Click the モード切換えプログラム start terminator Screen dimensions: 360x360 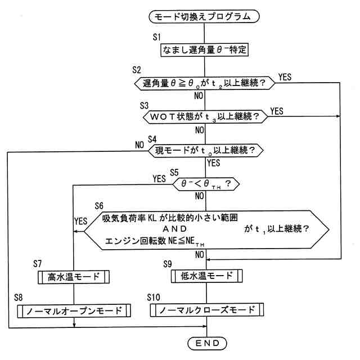[205, 17]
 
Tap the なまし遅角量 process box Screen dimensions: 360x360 [205, 49]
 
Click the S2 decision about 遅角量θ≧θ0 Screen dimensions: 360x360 [205, 83]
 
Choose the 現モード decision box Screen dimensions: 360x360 [205, 150]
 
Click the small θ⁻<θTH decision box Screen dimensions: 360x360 [205, 183]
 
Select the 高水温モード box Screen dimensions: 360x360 [74, 277]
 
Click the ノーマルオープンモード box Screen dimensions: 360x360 [74, 310]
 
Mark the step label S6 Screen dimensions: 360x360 [100, 205]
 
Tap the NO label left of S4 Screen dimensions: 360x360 [139, 145]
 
